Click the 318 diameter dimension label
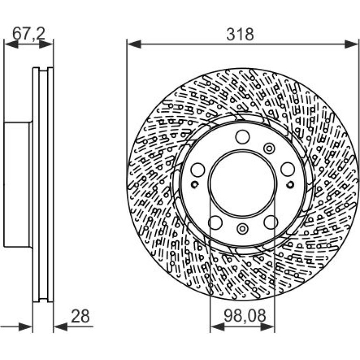(x=240, y=34)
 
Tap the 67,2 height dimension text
(x=29, y=34)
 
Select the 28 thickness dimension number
(x=80, y=316)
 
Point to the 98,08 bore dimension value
(x=245, y=315)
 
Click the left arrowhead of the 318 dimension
(x=134, y=44)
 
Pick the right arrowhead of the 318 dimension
(x=351, y=44)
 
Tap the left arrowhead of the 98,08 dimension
(x=217, y=327)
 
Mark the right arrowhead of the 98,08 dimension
(x=267, y=327)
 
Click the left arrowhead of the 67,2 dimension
(x=11, y=44)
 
